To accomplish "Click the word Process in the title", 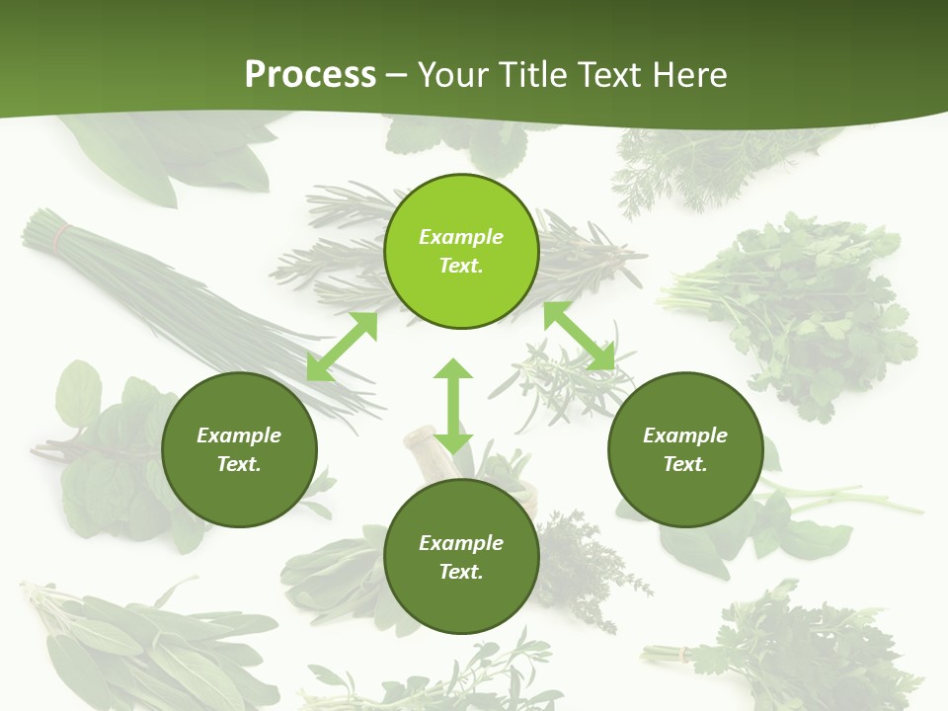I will pyautogui.click(x=310, y=75).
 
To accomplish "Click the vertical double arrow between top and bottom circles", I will pyautogui.click(x=453, y=407).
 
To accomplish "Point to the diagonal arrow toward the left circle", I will pyautogui.click(x=342, y=347).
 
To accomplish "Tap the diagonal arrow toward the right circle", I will pyautogui.click(x=579, y=336).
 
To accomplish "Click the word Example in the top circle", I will pyautogui.click(x=461, y=237).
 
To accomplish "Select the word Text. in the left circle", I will pyautogui.click(x=239, y=464).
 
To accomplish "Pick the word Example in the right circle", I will pyautogui.click(x=685, y=435).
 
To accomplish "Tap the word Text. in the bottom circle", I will pyautogui.click(x=461, y=572).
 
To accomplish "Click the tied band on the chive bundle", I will pyautogui.click(x=63, y=235).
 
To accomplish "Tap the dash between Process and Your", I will pyautogui.click(x=396, y=75).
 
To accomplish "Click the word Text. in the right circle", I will pyautogui.click(x=685, y=464).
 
